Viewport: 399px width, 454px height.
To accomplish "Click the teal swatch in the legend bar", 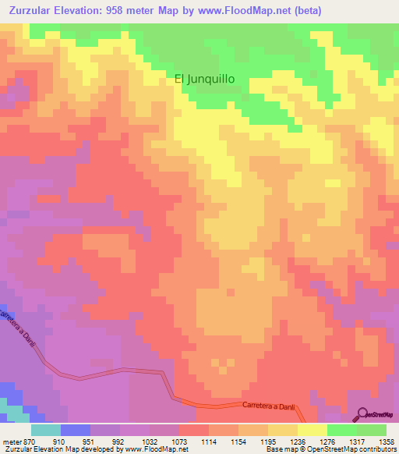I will click(45, 430).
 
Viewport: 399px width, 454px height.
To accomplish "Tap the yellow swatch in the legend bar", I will click(312, 430).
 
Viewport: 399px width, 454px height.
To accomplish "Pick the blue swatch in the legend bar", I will click(75, 430).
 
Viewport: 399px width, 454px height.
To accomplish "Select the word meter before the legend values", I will click(11, 441).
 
